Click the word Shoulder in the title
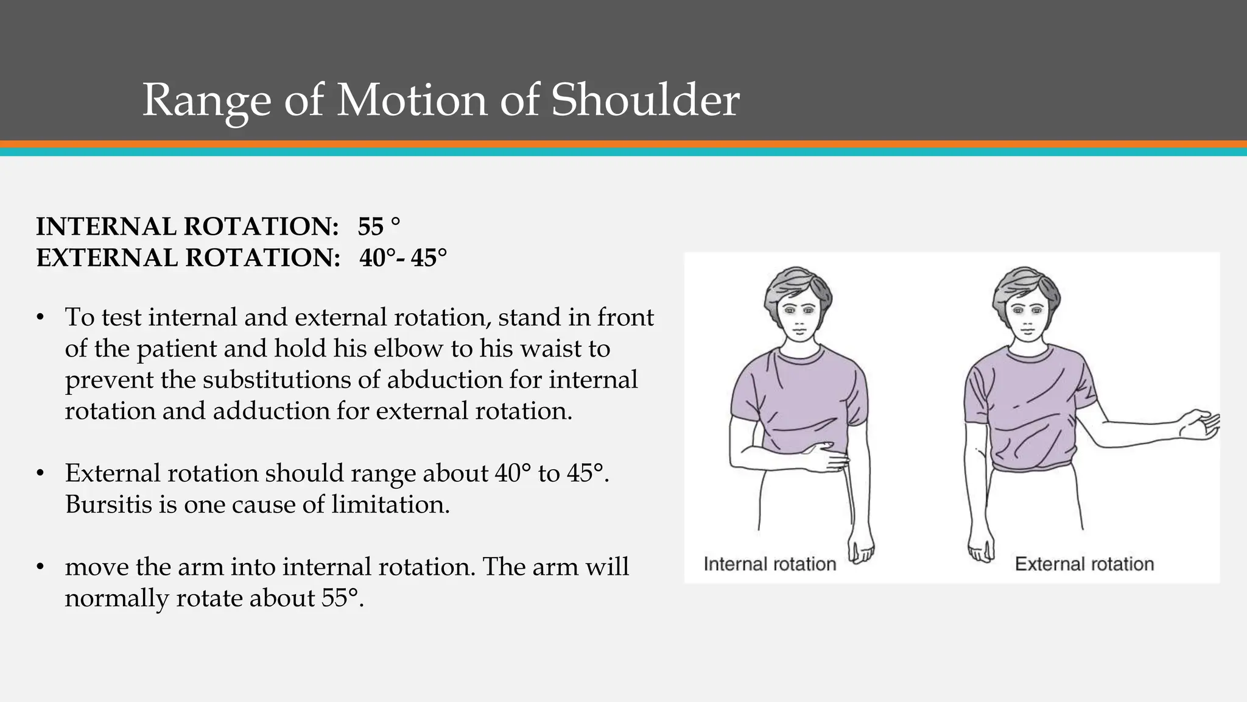click(x=645, y=99)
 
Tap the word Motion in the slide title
click(x=412, y=99)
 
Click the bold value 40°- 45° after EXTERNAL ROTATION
click(x=402, y=258)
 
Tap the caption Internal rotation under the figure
click(x=770, y=564)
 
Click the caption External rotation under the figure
click(x=1084, y=564)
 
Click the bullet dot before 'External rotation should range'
click(x=40, y=473)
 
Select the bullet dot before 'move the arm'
click(x=40, y=567)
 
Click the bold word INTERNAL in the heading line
click(x=106, y=227)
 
